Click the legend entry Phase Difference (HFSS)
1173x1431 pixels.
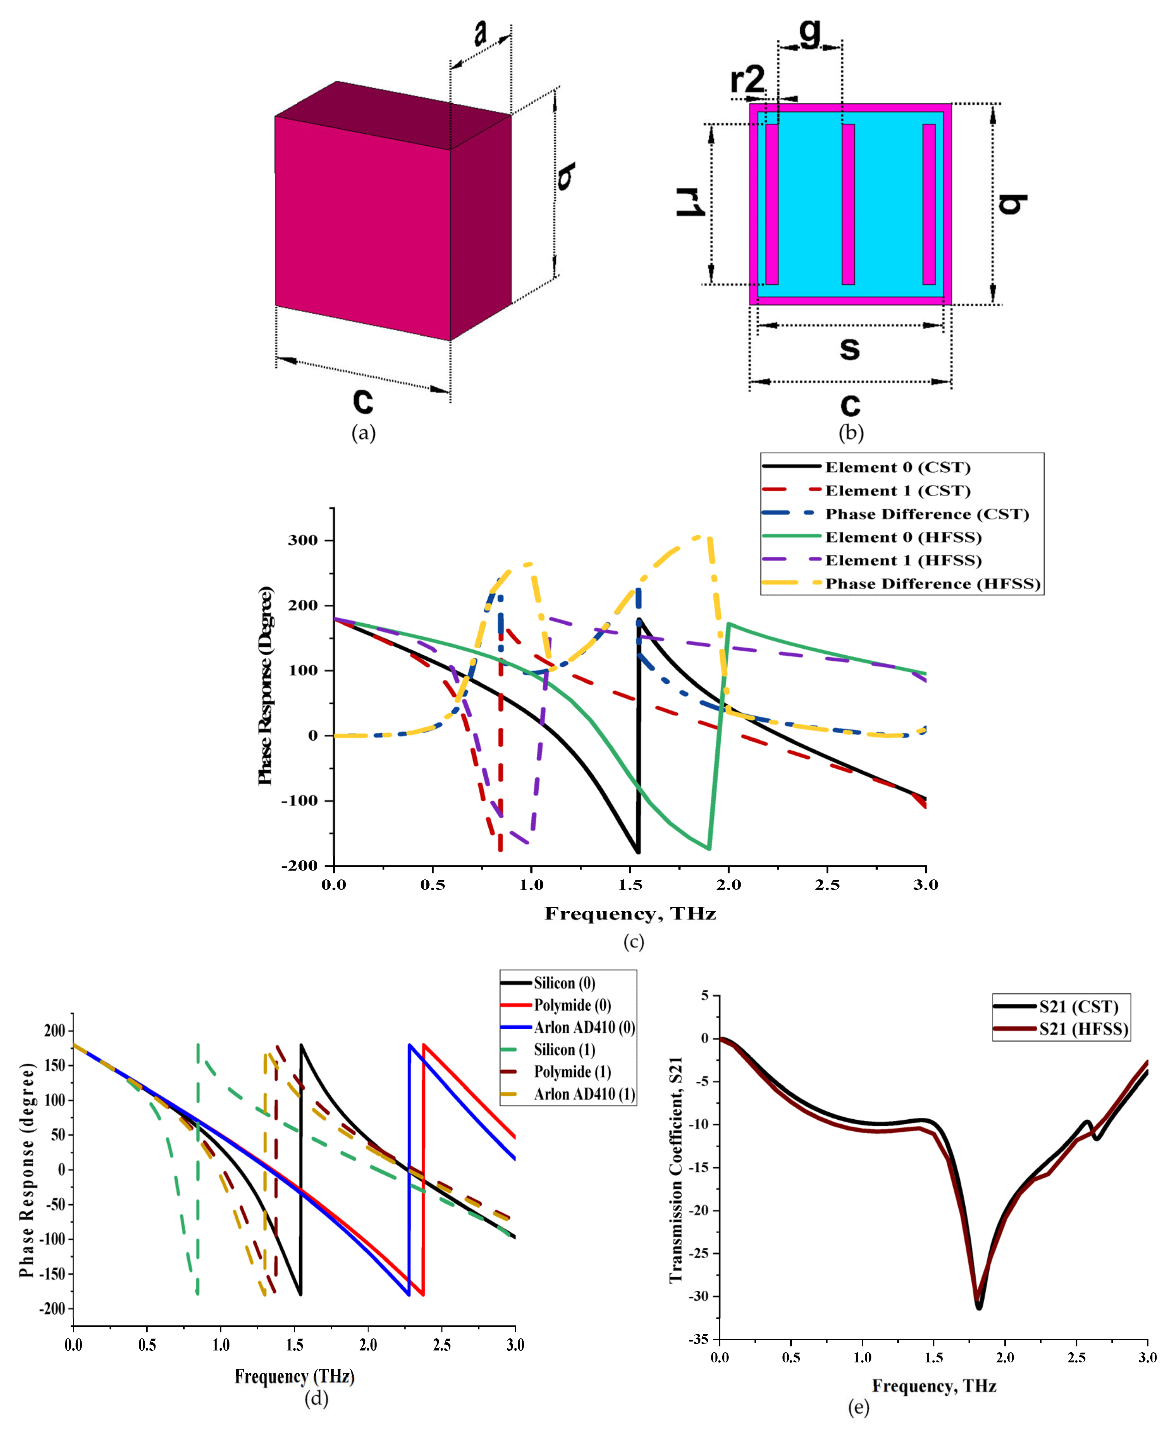(x=932, y=584)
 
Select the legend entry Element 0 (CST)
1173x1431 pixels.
(x=897, y=467)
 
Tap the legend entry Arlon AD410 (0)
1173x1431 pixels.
(x=584, y=1028)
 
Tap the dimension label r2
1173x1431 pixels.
(x=747, y=80)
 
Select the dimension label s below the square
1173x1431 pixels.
(x=849, y=348)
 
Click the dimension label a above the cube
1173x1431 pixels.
(x=480, y=33)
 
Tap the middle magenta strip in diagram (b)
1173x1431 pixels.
(x=848, y=204)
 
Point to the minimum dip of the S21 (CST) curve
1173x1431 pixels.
(x=978, y=1307)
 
